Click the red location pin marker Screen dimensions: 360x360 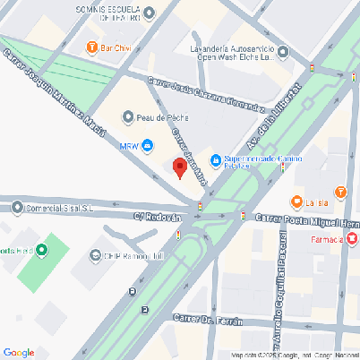(179, 167)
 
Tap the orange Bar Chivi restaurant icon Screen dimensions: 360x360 (91, 47)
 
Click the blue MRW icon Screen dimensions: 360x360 (147, 146)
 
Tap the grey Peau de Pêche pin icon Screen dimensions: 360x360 (128, 116)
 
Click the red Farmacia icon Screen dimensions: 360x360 (353, 239)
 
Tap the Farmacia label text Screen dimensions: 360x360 (327, 240)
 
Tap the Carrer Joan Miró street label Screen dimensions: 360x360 (190, 157)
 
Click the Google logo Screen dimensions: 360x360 (19, 352)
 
